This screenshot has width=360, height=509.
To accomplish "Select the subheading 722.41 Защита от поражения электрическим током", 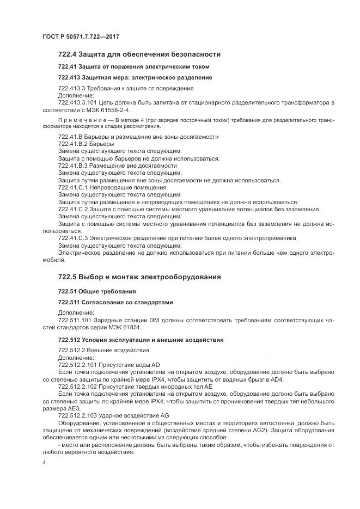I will (133, 66).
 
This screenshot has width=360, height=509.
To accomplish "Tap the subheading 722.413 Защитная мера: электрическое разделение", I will (135, 77).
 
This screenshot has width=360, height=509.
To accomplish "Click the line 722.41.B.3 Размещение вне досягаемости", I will (117, 165).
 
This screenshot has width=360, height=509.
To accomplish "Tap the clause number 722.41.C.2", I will (73, 209).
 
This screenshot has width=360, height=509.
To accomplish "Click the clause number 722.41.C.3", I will (73, 238).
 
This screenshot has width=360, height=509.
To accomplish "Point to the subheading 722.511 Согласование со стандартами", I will (115, 302).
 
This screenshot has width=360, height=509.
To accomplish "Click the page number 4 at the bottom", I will (44, 462).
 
